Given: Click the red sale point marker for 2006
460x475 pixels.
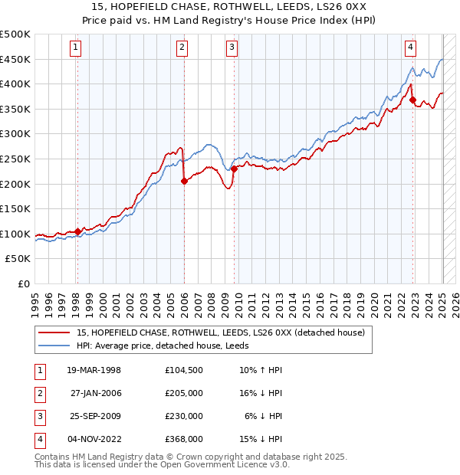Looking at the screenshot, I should (x=184, y=182).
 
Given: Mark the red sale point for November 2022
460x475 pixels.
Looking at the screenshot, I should (x=412, y=100).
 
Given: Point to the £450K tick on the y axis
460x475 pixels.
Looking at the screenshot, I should (x=15, y=59).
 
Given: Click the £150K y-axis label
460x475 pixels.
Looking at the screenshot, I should (x=15, y=208).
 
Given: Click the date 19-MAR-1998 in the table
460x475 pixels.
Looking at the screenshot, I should (x=94, y=370).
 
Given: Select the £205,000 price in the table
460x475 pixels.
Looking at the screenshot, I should (x=183, y=393).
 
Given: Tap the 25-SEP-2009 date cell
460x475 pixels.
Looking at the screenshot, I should (x=94, y=416).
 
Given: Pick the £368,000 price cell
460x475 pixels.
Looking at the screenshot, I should (x=183, y=439).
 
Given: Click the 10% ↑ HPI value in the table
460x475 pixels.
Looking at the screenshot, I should (x=261, y=370).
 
